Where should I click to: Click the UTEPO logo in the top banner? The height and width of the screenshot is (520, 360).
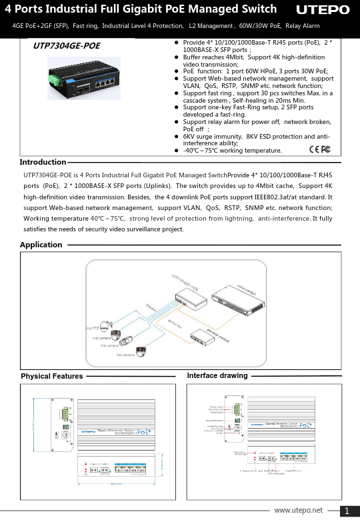[x=322, y=10]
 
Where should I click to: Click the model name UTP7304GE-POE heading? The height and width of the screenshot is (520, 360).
[x=67, y=46]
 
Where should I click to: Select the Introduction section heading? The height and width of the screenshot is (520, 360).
[x=43, y=162]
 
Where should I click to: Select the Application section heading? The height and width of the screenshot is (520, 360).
[x=41, y=245]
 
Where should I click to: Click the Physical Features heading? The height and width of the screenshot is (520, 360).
[x=52, y=376]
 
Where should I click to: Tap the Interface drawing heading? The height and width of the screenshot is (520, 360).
[x=217, y=376]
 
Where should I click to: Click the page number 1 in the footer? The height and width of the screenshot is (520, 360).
[x=347, y=511]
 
